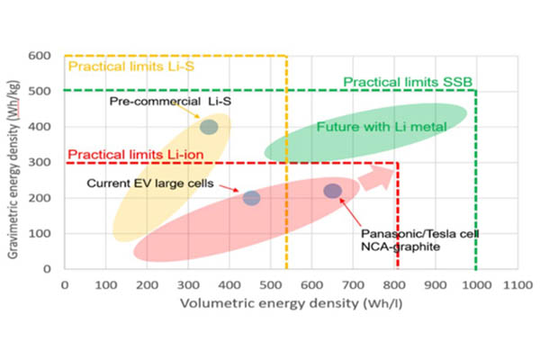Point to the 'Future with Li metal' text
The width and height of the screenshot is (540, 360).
click(x=382, y=126)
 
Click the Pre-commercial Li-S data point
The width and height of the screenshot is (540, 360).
click(x=209, y=127)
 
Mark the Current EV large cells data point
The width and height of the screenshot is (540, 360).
click(x=251, y=198)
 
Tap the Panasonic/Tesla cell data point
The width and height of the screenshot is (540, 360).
click(x=333, y=191)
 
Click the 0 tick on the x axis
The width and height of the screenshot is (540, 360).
click(x=65, y=284)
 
